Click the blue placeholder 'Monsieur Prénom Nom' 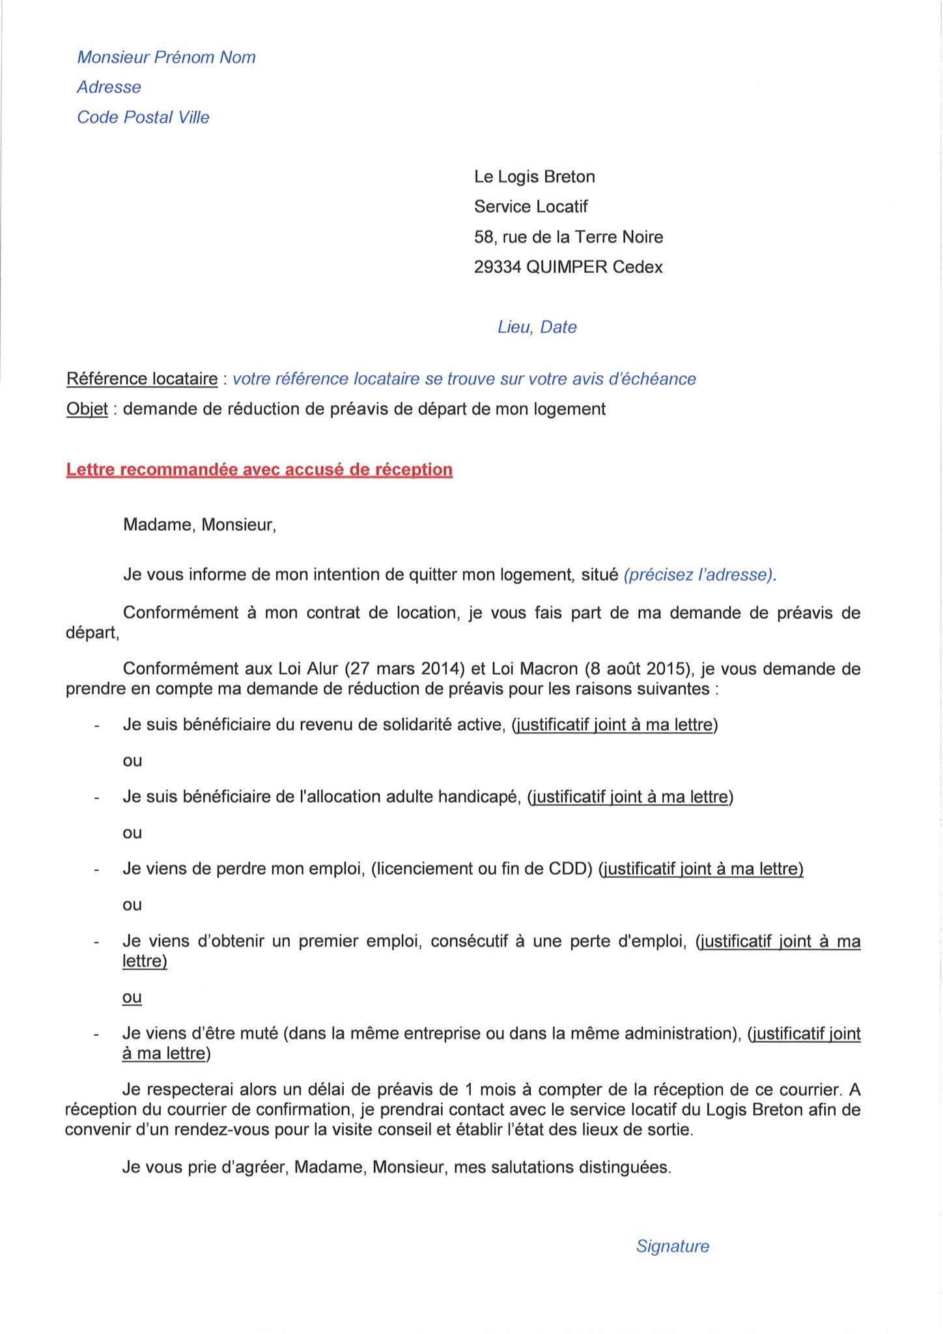166,57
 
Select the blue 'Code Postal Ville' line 143,117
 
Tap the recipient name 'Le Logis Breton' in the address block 534,177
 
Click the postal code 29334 497,267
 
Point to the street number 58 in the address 484,237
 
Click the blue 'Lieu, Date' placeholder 537,327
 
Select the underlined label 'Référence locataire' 142,379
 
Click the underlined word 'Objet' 87,409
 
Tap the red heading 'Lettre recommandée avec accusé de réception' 259,470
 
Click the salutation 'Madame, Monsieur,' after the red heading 199,525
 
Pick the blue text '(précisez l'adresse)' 698,575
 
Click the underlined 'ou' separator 132,997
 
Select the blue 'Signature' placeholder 672,1246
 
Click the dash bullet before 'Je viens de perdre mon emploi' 96,870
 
